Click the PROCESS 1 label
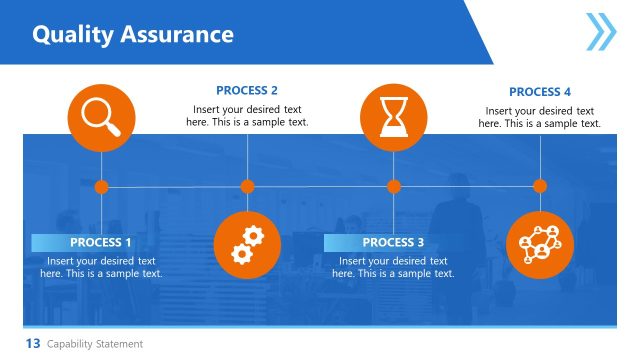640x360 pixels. pos(100,243)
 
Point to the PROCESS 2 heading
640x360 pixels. pos(247,90)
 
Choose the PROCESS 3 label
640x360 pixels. pos(393,243)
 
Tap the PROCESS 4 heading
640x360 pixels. pos(540,92)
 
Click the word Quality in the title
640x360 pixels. pos(73,35)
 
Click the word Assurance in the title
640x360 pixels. pos(177,35)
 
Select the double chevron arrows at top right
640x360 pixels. pos(600,31)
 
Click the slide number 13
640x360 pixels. pos(32,344)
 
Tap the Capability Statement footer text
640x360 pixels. pos(95,344)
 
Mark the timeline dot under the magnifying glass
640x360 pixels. pos(101,186)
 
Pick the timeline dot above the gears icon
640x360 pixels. pos(247,186)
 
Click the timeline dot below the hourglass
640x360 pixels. pos(393,186)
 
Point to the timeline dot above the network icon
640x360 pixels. pos(540,186)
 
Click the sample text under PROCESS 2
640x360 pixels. pos(247,116)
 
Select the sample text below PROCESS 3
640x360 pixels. pos(393,267)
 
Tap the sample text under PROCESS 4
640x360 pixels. pos(540,118)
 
